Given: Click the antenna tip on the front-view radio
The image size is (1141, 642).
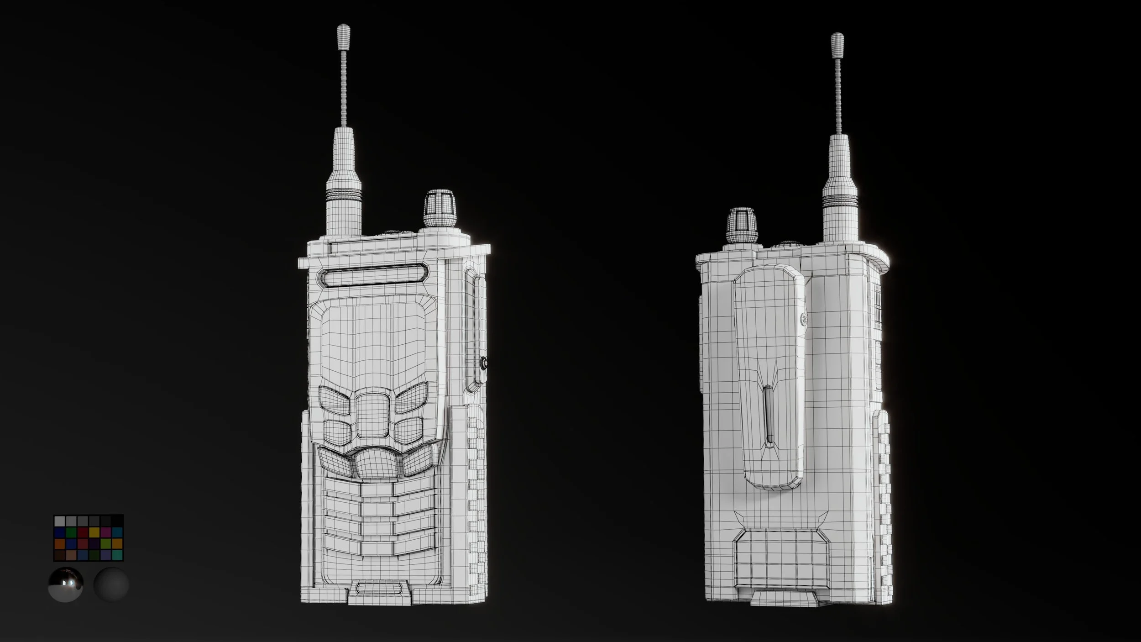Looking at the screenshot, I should coord(343,35).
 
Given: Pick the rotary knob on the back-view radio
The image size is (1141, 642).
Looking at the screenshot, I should coord(743,225).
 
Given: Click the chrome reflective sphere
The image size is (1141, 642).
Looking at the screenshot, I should coord(66,584).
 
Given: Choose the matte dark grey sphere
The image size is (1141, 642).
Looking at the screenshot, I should coord(111,584).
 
